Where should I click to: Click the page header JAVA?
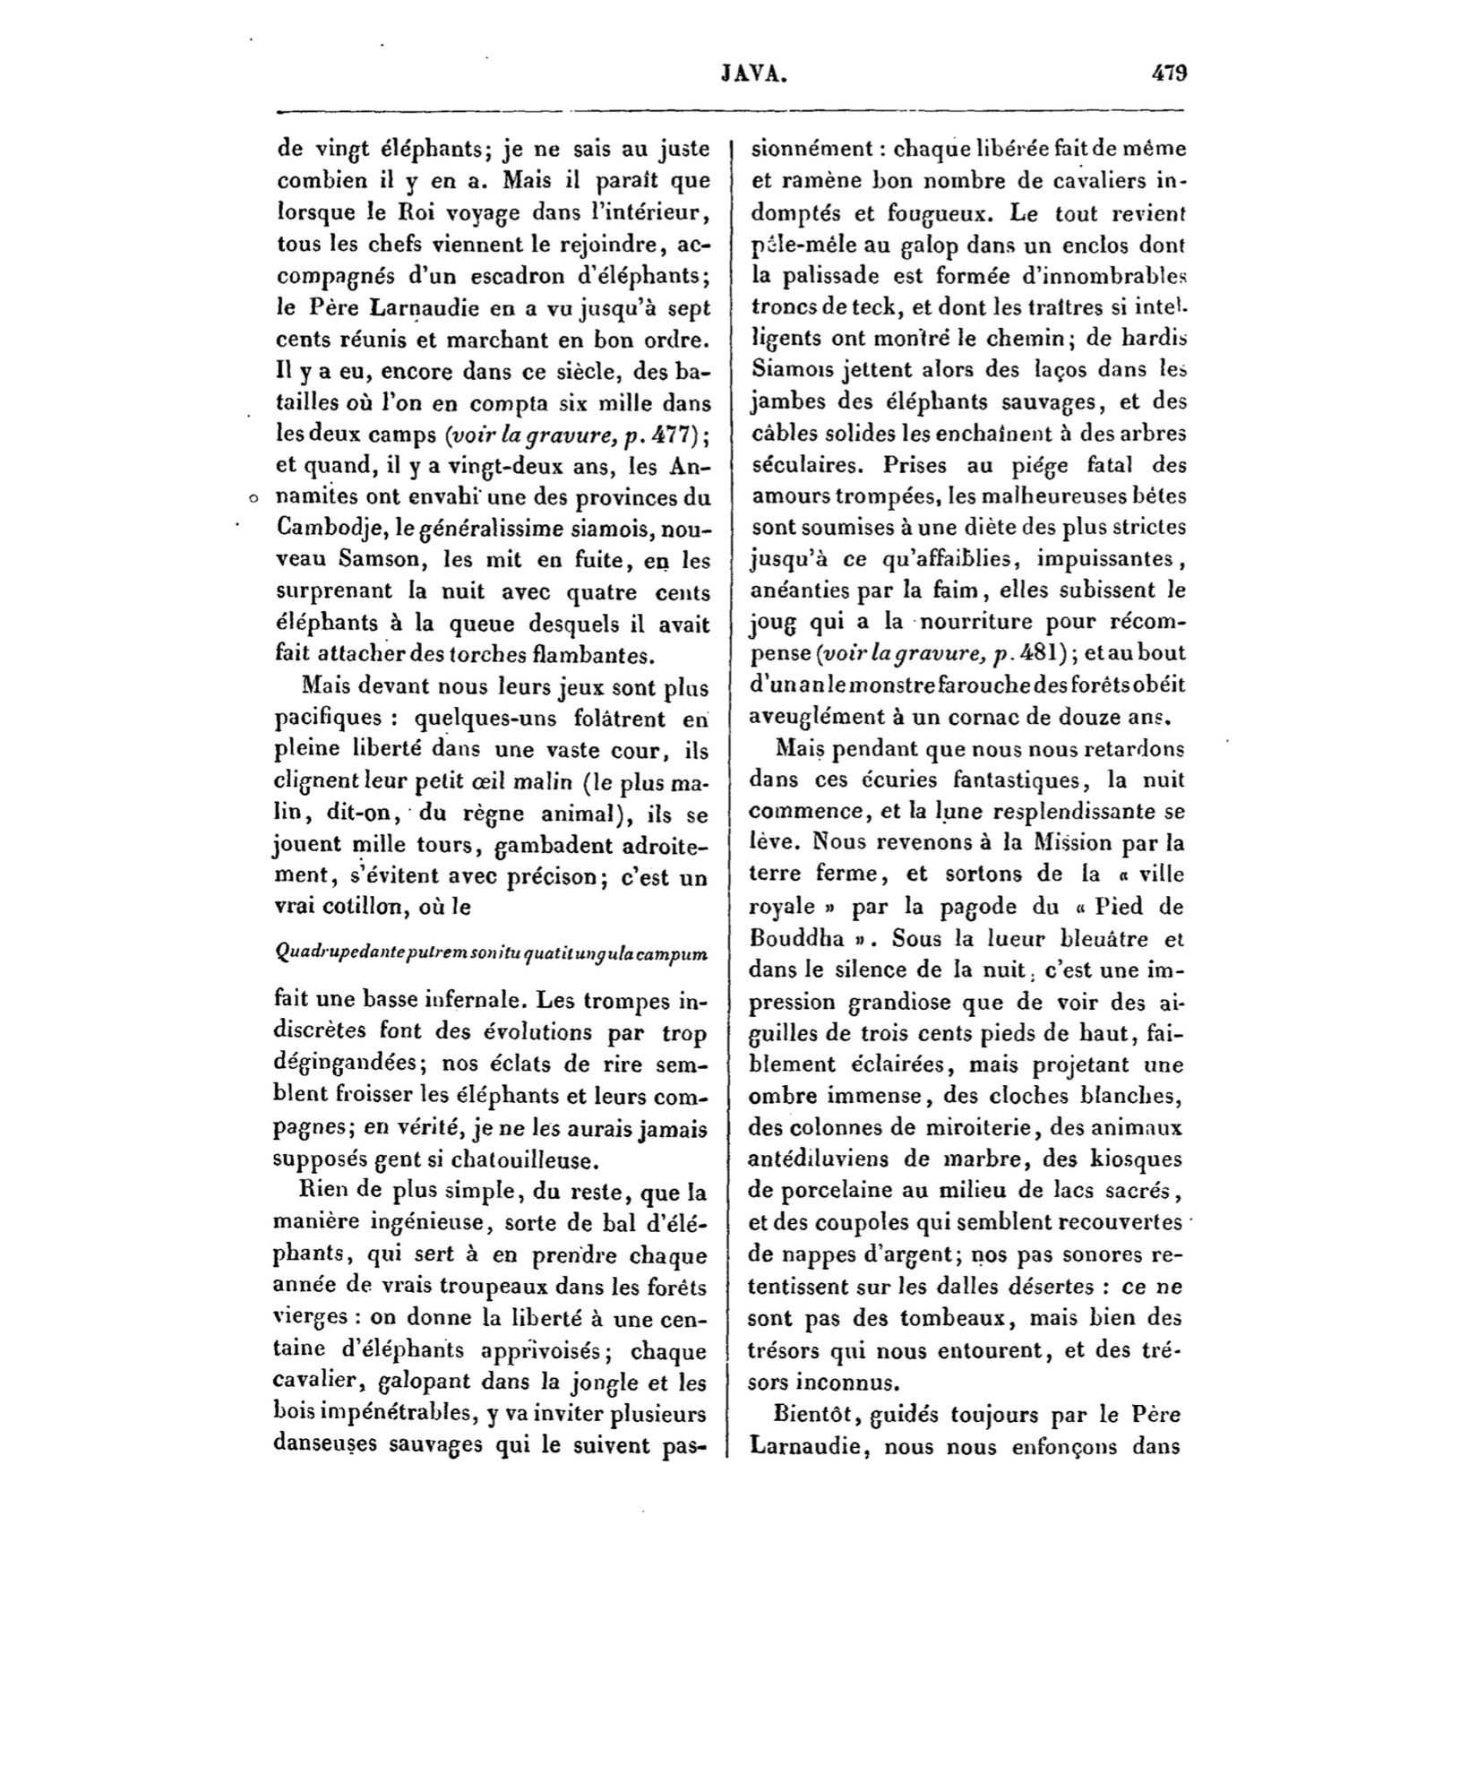[x=753, y=74]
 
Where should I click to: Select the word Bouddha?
[x=794, y=940]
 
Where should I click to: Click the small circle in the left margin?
[x=253, y=497]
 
